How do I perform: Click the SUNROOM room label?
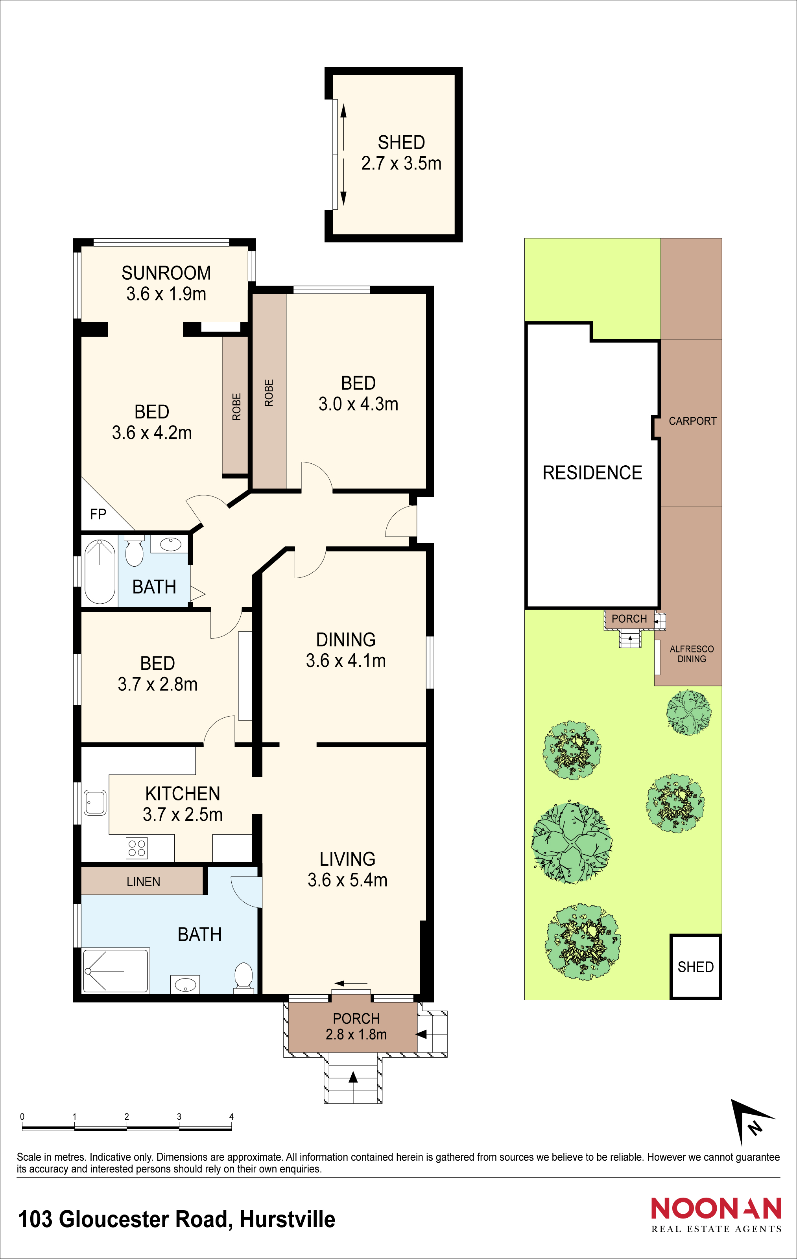pos(166,273)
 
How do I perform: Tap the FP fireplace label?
pos(98,514)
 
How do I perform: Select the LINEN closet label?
pos(143,882)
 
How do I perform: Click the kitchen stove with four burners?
pos(137,848)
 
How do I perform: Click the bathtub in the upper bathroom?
pos(100,572)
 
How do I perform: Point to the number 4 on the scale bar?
pos(231,1117)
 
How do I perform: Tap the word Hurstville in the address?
pos(287,1219)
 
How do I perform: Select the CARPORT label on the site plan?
pos(692,421)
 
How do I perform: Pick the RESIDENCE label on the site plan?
pos(592,473)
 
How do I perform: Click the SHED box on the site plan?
pos(696,967)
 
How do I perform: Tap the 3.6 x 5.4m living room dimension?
pos(347,880)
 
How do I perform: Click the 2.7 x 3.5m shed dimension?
pos(401,163)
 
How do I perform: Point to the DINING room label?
pos(346,640)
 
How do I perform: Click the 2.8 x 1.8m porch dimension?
pos(356,1034)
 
